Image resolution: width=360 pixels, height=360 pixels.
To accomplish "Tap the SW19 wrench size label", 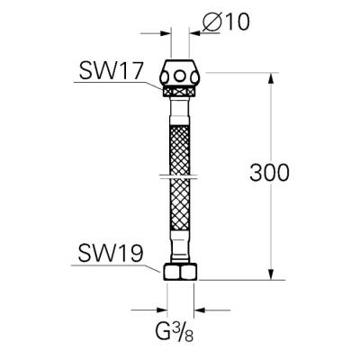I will pos(105,255).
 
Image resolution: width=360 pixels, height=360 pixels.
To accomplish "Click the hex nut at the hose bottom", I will pos(180,271).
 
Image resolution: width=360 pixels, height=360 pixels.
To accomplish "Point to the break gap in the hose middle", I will pos(180,172).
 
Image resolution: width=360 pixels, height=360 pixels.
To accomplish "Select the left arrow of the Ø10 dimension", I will pos(166,31).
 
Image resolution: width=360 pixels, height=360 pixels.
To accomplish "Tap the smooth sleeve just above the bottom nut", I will pos(180,252).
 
